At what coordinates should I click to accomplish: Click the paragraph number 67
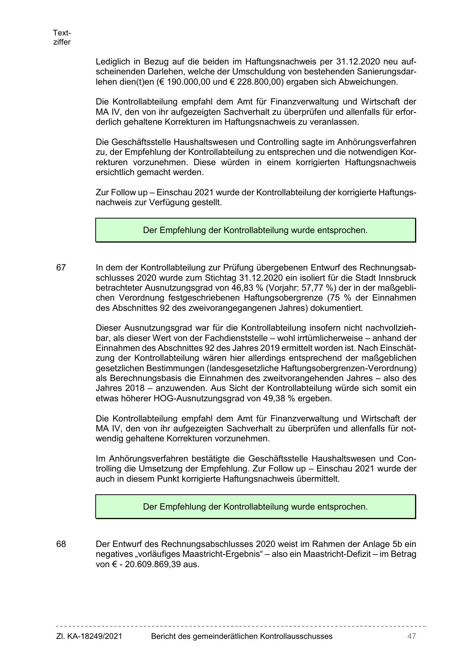click(x=61, y=268)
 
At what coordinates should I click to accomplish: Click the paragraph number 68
click(x=61, y=544)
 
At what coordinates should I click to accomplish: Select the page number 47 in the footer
click(x=411, y=636)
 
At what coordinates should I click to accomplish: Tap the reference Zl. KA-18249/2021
click(x=89, y=636)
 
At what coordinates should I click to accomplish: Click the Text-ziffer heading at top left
click(x=62, y=37)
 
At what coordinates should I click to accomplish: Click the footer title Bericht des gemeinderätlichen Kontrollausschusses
click(x=242, y=636)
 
